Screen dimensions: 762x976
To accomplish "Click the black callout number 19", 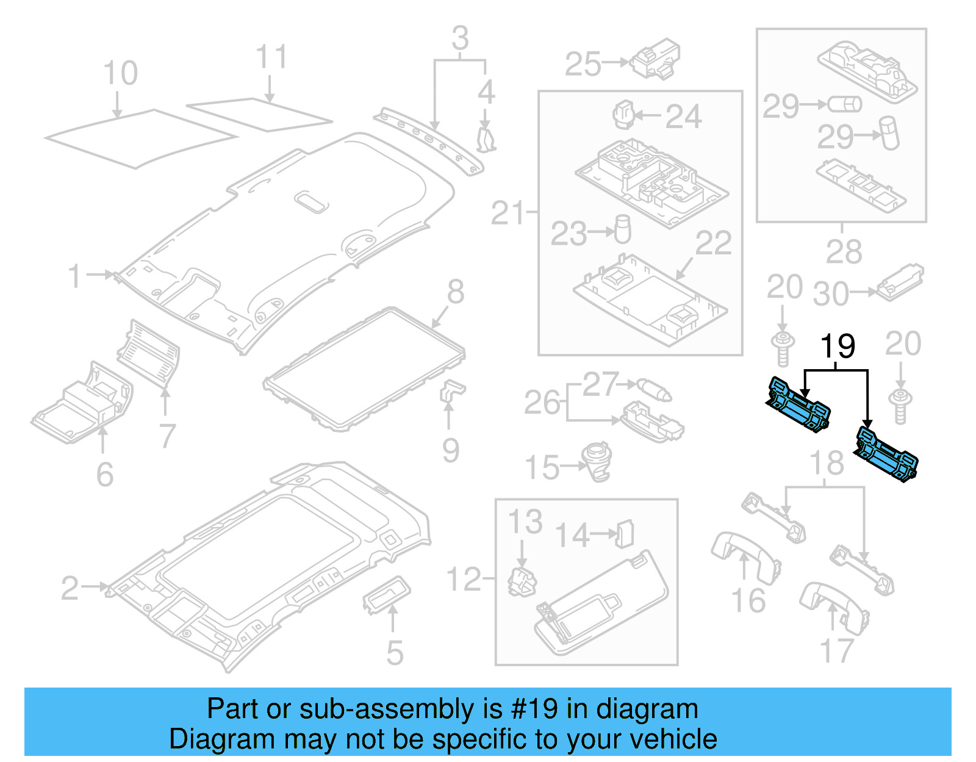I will (x=838, y=347).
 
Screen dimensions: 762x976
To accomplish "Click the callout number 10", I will (x=120, y=74).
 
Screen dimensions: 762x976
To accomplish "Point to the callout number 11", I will (x=271, y=57).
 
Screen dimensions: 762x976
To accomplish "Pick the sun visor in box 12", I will (x=601, y=605).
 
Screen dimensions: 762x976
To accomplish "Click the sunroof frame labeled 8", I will (x=365, y=368).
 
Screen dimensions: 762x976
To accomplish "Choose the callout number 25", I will (x=583, y=64).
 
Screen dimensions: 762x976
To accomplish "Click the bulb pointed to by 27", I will (x=654, y=389).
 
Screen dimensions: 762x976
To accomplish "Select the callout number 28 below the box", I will (x=844, y=252).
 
